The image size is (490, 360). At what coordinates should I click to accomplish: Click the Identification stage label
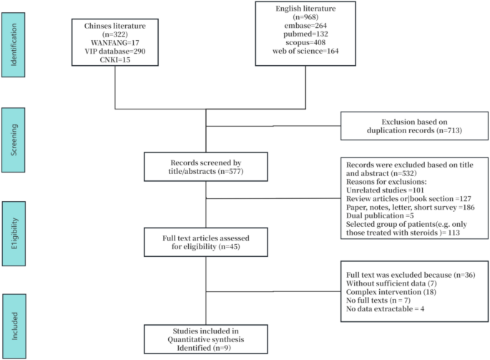click(x=13, y=44)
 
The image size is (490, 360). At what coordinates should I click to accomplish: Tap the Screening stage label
click(x=13, y=140)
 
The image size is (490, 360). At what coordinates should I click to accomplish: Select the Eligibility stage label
click(x=14, y=233)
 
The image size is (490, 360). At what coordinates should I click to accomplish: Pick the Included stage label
click(x=14, y=326)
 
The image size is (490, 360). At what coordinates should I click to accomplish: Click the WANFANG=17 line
click(x=115, y=42)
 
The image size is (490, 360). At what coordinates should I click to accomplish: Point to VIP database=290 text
click(x=115, y=51)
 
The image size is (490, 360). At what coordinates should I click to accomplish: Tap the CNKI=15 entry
click(x=115, y=59)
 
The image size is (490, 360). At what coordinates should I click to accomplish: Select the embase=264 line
click(x=305, y=25)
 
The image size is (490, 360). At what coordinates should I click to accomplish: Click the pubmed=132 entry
click(x=305, y=34)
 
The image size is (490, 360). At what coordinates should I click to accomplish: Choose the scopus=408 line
click(x=305, y=42)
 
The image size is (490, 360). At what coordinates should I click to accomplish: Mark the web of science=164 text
click(x=305, y=51)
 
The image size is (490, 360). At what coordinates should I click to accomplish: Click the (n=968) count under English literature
click(x=305, y=17)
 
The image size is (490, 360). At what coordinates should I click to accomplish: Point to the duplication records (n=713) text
click(x=414, y=130)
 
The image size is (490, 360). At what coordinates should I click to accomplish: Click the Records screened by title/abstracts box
click(x=206, y=167)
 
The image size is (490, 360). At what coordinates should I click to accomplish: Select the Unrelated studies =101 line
click(x=385, y=190)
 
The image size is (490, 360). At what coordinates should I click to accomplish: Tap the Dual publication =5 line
click(x=380, y=215)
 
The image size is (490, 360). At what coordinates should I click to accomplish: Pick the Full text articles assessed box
click(x=206, y=242)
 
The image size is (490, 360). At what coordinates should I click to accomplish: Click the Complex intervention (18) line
click(x=391, y=292)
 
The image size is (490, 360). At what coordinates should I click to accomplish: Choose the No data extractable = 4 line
click(x=386, y=308)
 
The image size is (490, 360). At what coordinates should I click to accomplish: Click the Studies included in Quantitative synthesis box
click(x=206, y=339)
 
